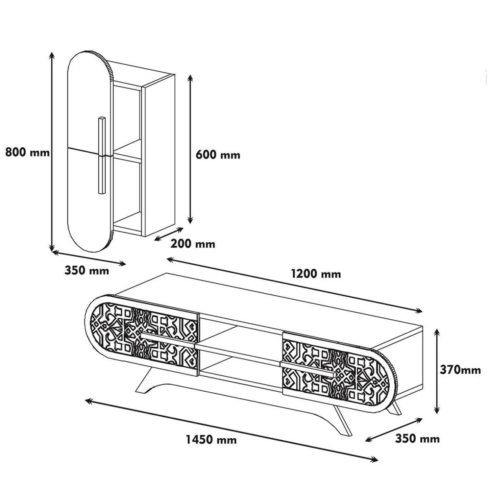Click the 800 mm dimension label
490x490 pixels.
tap(28, 152)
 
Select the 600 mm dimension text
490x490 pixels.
tap(218, 155)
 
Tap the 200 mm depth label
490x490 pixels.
tap(193, 244)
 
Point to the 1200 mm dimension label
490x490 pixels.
tap(316, 274)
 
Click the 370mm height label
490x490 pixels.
tap(460, 370)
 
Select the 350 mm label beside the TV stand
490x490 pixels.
tap(417, 439)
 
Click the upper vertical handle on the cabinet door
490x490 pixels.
tap(101, 136)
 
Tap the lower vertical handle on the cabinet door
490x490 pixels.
tap(101, 175)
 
